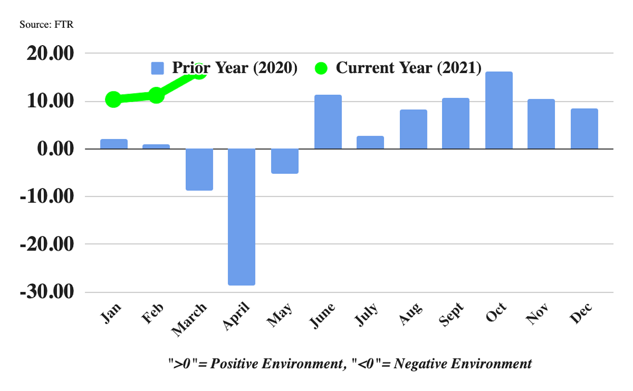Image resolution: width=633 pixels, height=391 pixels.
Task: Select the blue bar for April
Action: pyautogui.click(x=241, y=217)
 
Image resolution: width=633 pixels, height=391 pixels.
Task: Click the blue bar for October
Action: pyautogui.click(x=499, y=110)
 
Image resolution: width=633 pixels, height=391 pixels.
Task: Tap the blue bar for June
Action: pyautogui.click(x=328, y=122)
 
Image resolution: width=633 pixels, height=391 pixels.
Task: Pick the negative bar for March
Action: pyautogui.click(x=199, y=169)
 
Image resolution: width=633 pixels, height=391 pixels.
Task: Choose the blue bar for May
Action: pyautogui.click(x=285, y=161)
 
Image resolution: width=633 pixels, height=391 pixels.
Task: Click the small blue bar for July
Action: pyautogui.click(x=370, y=142)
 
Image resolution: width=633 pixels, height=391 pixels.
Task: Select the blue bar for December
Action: pyautogui.click(x=584, y=129)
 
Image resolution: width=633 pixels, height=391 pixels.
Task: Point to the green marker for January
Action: pyautogui.click(x=113, y=99)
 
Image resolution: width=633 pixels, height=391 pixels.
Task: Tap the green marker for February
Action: pyautogui.click(x=156, y=95)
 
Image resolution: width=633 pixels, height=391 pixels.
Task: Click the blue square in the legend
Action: pyautogui.click(x=157, y=68)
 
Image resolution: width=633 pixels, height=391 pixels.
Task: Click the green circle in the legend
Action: pyautogui.click(x=321, y=68)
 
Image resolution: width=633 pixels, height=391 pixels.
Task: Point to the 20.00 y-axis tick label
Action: pyautogui.click(x=50, y=53)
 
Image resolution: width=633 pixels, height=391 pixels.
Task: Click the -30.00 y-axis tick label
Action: pyautogui.click(x=47, y=291)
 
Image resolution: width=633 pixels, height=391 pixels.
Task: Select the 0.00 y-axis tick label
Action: pyautogui.click(x=55, y=148)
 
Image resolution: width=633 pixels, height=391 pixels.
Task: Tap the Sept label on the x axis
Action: pyautogui.click(x=451, y=314)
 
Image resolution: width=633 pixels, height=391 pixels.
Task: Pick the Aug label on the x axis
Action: pyautogui.click(x=411, y=314)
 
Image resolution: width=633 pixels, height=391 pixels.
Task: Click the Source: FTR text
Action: pyautogui.click(x=46, y=24)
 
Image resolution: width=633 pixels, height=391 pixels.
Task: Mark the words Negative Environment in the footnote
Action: pyautogui.click(x=462, y=364)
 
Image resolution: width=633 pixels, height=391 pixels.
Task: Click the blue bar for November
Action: pyautogui.click(x=541, y=124)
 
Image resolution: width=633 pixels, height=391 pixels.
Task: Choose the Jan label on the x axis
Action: pyautogui.click(x=110, y=313)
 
